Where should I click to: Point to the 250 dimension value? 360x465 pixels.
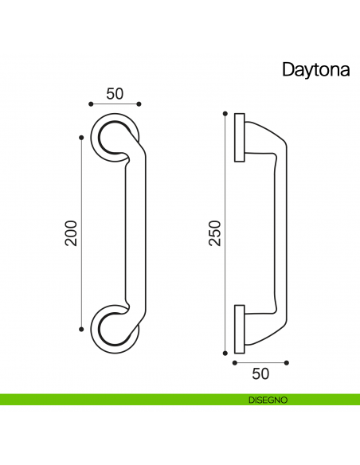click(214, 232)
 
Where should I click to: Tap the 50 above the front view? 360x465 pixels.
click(115, 92)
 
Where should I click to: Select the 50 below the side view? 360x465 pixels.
click(260, 373)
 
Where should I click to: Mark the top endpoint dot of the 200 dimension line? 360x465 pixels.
click(81, 137)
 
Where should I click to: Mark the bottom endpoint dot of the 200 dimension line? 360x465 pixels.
click(81, 328)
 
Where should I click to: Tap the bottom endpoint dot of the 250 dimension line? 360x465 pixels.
click(225, 353)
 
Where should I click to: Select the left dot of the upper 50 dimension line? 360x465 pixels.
click(90, 104)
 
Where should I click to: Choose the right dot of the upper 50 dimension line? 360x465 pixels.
click(139, 104)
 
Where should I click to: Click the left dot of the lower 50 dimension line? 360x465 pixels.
click(234, 362)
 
